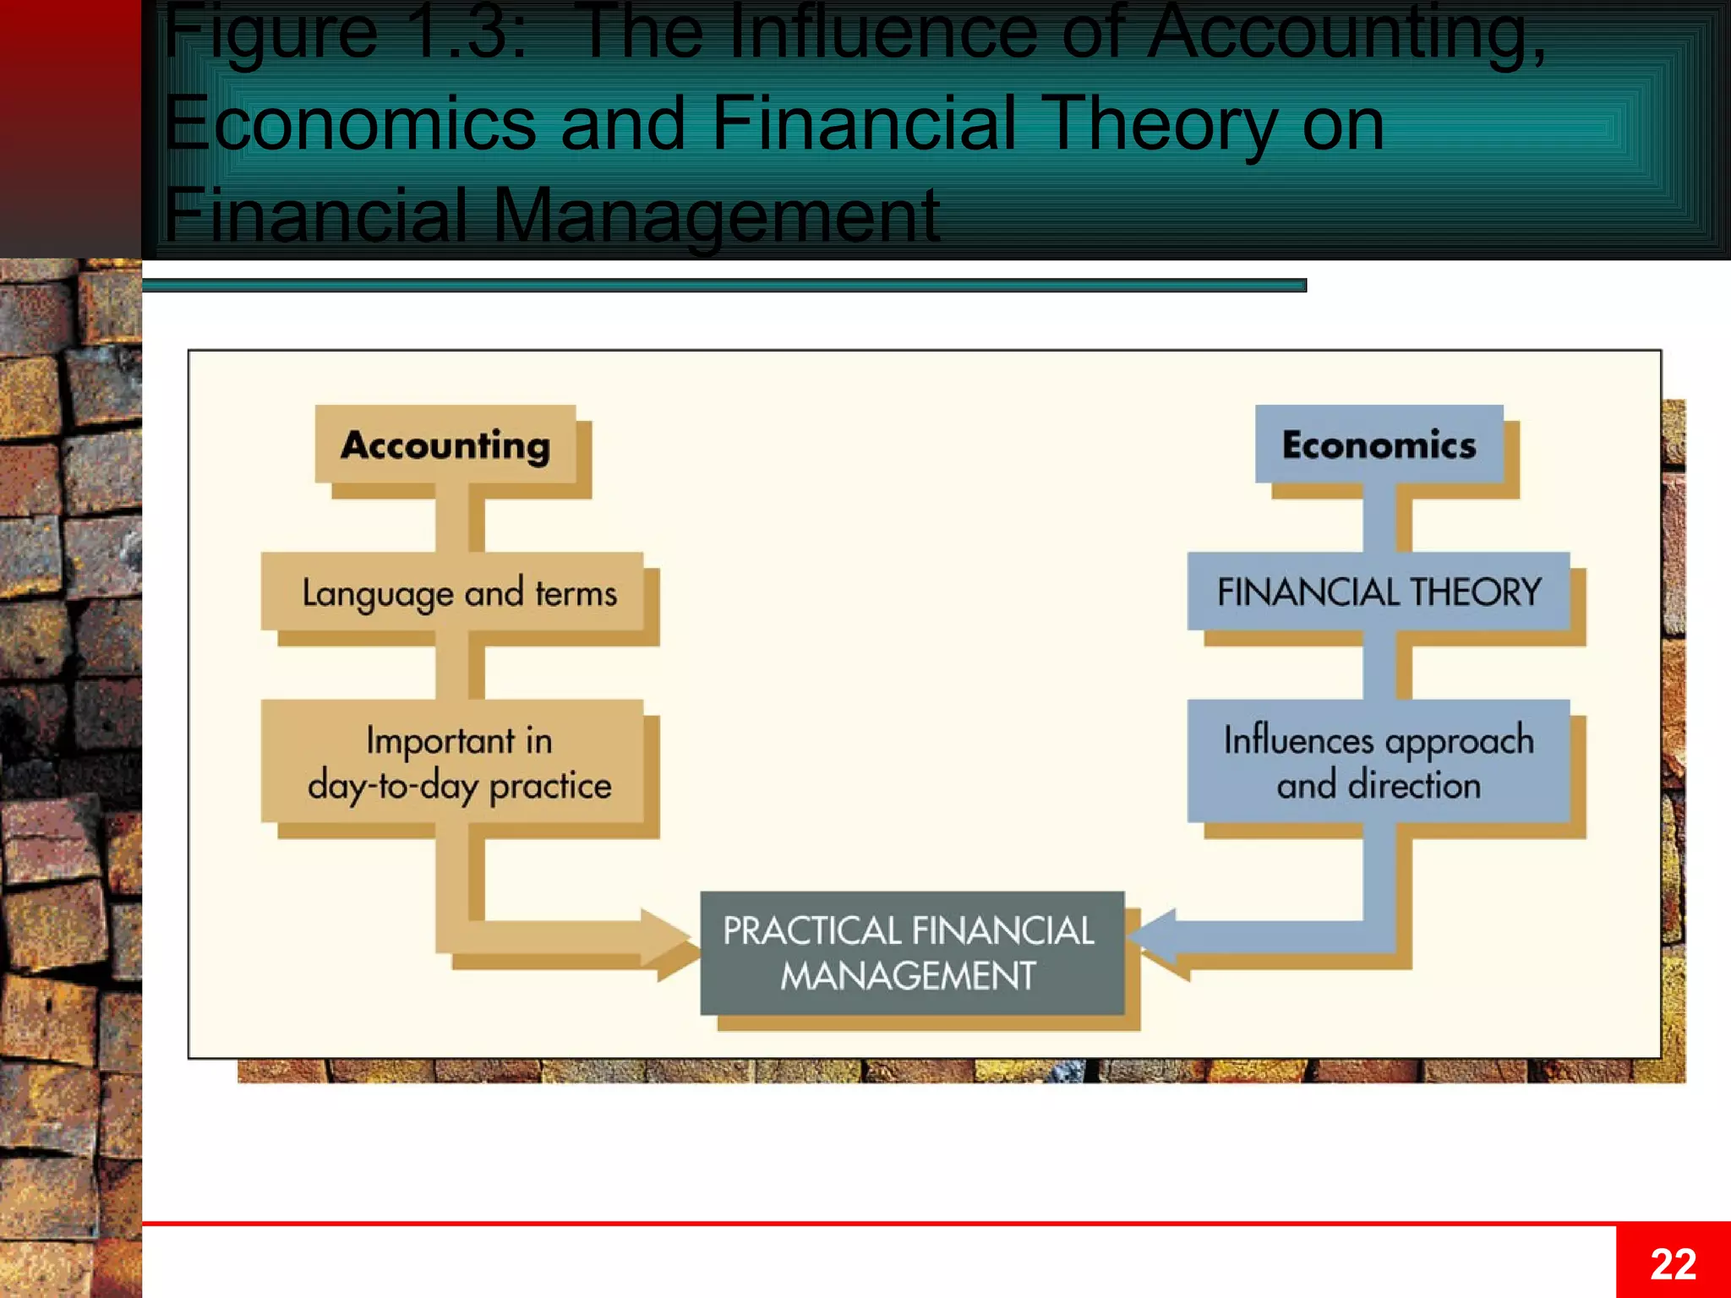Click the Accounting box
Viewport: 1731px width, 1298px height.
[445, 444]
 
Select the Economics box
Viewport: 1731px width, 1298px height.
[1379, 444]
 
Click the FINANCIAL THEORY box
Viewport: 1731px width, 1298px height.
[1379, 592]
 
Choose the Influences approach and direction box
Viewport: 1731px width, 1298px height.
[1379, 761]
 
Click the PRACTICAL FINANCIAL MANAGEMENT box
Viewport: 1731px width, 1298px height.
[912, 953]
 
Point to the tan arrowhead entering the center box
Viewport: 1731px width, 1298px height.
[668, 937]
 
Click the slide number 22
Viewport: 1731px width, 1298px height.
[1673, 1264]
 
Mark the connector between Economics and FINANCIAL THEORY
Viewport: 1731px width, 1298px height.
[1379, 518]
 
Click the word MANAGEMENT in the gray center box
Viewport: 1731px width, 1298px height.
[908, 976]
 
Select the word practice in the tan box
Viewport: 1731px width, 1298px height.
[550, 786]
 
